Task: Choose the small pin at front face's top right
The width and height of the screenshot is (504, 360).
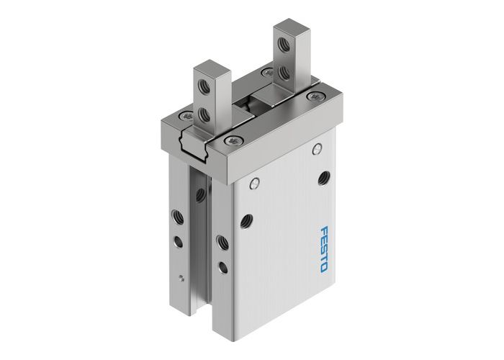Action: tap(317, 150)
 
